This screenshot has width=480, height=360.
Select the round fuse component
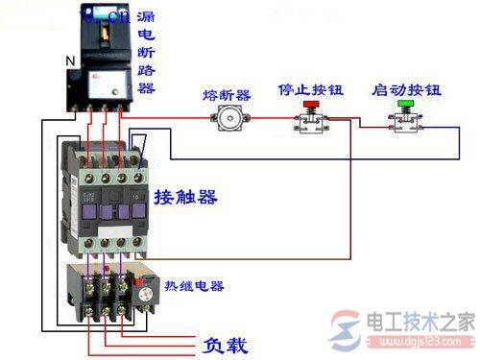(228, 119)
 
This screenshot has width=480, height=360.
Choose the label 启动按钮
(405, 91)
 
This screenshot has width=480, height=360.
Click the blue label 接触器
(184, 198)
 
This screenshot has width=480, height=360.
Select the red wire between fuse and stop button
(269, 121)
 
